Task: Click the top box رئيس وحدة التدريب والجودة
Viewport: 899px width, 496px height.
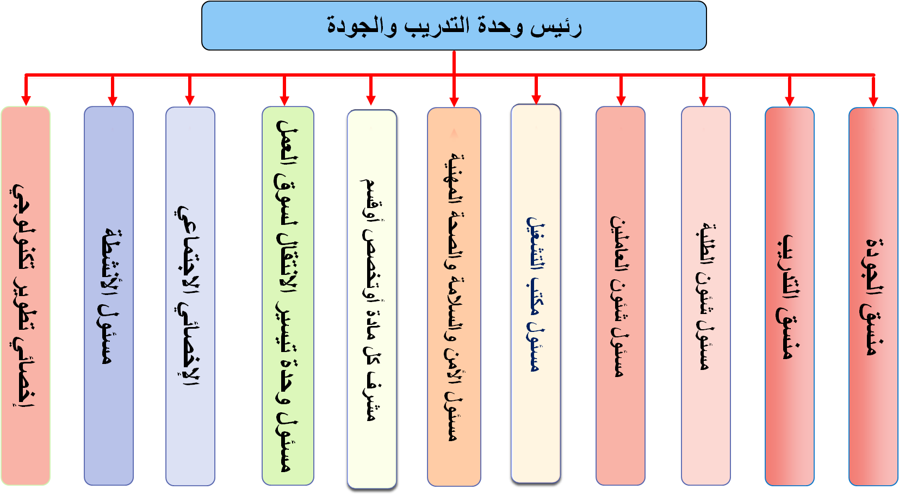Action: coord(454,26)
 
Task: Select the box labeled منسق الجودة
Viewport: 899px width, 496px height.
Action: coord(873,296)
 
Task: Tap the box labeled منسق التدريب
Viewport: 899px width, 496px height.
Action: coord(790,296)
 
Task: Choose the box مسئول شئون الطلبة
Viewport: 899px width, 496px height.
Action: coord(705,296)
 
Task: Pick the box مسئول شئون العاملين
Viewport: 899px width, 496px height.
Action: coord(621,296)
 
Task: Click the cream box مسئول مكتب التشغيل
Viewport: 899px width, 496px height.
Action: coord(536,293)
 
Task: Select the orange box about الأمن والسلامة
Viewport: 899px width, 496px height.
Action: coord(454,297)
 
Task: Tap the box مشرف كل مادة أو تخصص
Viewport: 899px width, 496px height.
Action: coord(372,299)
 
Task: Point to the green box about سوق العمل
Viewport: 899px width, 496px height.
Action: coord(288,296)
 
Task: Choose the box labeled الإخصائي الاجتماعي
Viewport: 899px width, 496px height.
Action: coord(190,296)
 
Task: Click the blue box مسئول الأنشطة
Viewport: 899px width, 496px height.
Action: coord(109,296)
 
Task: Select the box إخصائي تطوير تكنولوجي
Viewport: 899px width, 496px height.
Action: coord(25,296)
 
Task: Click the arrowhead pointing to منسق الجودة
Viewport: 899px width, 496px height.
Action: coord(873,102)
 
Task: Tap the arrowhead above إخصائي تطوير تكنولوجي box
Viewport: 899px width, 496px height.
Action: coord(26,101)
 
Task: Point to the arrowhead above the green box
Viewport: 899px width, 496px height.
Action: coord(284,101)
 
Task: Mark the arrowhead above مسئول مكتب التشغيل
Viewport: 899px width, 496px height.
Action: coord(536,99)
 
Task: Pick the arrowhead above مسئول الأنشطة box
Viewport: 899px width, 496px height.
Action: coord(113,101)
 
